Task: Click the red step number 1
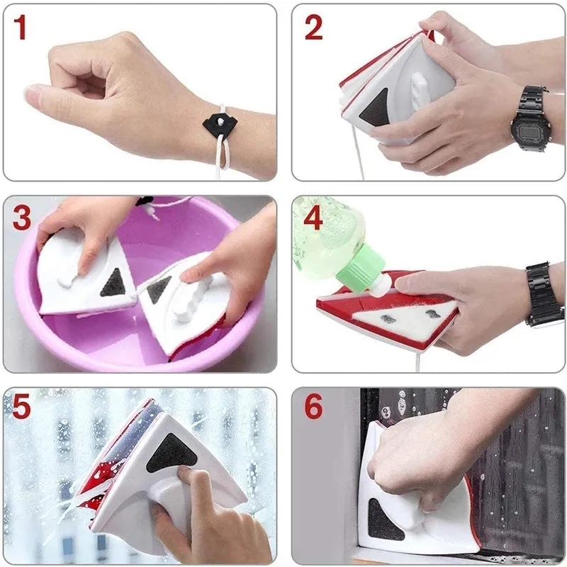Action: click(x=21, y=28)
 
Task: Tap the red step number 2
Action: click(x=313, y=28)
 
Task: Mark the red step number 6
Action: click(x=313, y=407)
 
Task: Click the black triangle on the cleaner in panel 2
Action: click(x=374, y=107)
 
